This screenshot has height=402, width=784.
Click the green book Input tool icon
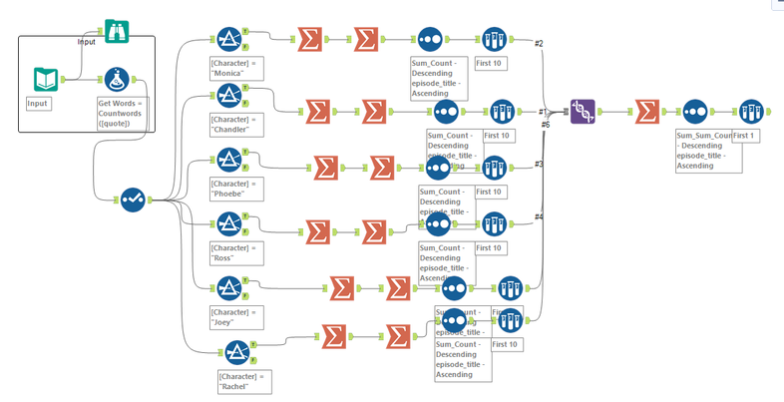coord(46,80)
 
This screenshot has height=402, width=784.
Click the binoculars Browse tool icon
coord(117,32)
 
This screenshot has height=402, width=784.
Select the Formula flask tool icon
coord(117,80)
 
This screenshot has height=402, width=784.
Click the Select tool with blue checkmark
coord(133,200)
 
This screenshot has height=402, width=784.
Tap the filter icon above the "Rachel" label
coord(235,352)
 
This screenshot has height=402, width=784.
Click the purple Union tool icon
coord(584,111)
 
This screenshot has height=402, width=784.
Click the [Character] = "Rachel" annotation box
coord(241,381)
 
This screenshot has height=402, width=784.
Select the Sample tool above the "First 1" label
coord(750,111)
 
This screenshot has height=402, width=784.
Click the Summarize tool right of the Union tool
coord(646,111)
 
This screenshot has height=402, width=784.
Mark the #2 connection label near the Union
coord(539,44)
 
